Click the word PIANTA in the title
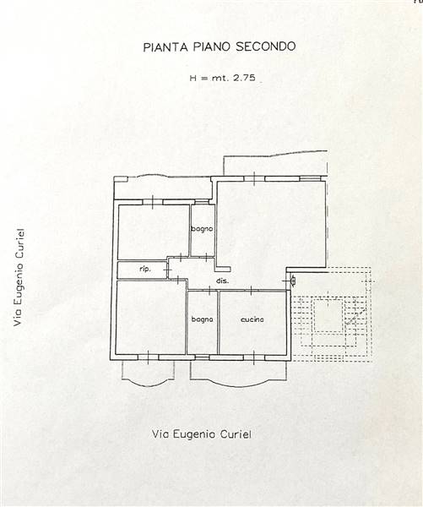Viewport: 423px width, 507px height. [x=165, y=46]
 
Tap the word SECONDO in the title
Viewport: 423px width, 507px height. [x=265, y=46]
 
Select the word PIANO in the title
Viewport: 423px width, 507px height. [x=211, y=46]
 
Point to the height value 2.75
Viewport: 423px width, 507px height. [x=244, y=78]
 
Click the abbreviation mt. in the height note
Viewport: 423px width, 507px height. [x=220, y=78]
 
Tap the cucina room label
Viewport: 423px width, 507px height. [x=252, y=319]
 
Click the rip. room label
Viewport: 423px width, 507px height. [x=145, y=269]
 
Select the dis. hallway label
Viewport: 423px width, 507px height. [x=222, y=281]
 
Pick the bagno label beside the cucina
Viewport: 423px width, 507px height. [x=203, y=319]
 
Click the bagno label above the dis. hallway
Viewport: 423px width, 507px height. [x=203, y=229]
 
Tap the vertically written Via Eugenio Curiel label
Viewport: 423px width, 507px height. [x=19, y=277]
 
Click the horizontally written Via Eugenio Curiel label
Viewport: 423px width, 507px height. [x=202, y=434]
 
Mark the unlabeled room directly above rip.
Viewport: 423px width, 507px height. [x=154, y=232]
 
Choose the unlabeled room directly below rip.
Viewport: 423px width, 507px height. [x=151, y=317]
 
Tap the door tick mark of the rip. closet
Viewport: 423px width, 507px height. [x=167, y=269]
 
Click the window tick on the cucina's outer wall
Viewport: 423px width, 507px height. [x=254, y=357]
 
